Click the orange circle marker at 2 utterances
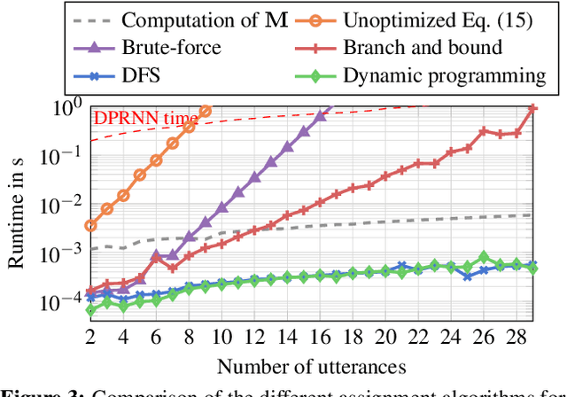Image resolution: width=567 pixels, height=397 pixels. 90,226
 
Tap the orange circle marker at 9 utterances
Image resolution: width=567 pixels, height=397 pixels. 206,111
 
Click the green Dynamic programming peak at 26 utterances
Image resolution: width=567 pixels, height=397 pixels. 484,257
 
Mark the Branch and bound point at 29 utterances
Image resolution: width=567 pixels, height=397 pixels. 532,108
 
